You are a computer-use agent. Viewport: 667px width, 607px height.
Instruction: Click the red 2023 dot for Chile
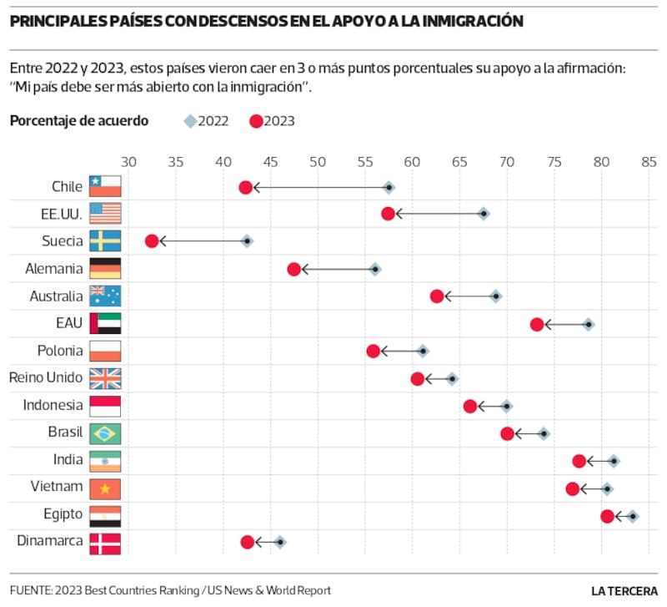tap(245, 187)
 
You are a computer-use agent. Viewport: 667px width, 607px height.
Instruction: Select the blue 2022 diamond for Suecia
tap(247, 240)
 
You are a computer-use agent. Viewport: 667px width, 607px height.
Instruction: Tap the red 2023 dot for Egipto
tap(607, 516)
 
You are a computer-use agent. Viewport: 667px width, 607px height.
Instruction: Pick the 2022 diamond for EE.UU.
tap(484, 214)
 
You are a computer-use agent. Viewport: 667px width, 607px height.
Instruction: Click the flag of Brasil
tap(106, 433)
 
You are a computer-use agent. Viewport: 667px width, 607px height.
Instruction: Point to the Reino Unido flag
tap(106, 378)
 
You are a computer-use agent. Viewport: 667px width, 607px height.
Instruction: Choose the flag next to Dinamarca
tap(106, 543)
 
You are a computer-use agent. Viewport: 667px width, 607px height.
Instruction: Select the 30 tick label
tap(128, 163)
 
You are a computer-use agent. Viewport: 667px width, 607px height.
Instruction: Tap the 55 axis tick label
tap(412, 163)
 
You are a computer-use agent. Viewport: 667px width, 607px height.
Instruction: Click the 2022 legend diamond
tap(190, 121)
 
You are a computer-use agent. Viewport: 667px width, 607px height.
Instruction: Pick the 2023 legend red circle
tap(256, 121)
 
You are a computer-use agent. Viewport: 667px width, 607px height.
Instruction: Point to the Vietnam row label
tap(57, 487)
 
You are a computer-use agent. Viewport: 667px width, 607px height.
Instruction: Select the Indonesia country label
tap(53, 405)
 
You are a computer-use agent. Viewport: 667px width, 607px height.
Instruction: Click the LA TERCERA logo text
tap(624, 590)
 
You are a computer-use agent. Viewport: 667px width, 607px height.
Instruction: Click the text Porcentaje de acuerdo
tap(79, 120)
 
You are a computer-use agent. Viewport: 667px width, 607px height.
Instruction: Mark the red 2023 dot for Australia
tap(436, 296)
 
